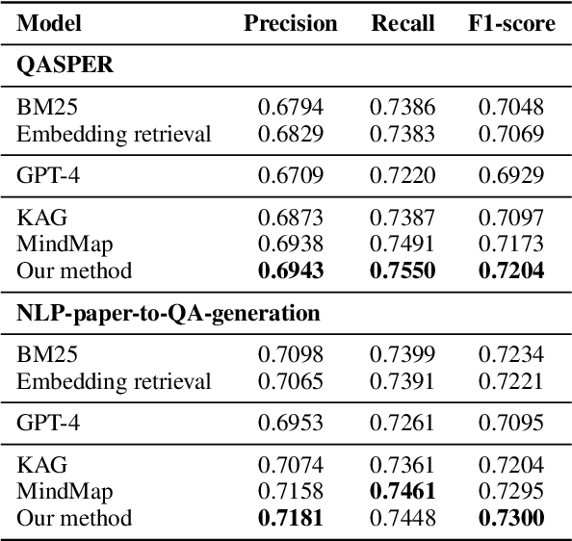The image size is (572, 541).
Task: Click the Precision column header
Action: click(290, 23)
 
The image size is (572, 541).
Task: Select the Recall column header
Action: click(403, 23)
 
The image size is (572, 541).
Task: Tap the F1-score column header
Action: click(511, 23)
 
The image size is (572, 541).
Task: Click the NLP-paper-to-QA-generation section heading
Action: click(169, 313)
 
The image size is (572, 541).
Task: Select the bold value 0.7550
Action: click(403, 270)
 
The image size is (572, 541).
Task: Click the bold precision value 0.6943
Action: click(290, 270)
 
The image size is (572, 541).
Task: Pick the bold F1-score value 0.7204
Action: click(511, 270)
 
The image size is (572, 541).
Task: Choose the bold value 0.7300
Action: click(511, 519)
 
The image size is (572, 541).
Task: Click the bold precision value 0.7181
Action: click(290, 519)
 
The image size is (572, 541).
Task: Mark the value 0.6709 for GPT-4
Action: click(290, 174)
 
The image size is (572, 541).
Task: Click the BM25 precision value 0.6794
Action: click(290, 106)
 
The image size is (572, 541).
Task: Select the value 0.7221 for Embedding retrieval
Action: click(511, 381)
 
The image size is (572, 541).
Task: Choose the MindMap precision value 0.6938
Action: click(290, 245)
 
